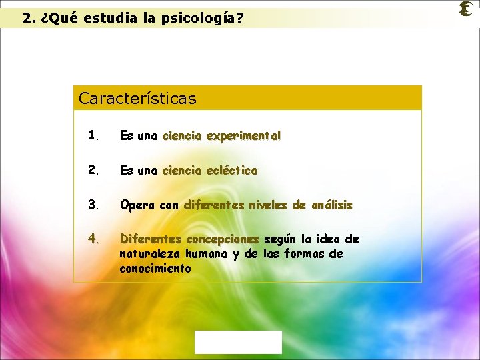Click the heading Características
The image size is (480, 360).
[137, 99]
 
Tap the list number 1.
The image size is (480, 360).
[93, 135]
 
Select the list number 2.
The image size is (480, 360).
[93, 170]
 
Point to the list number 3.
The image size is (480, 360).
[93, 205]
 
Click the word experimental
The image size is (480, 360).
[243, 135]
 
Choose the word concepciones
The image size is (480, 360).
[223, 239]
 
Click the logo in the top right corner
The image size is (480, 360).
[466, 9]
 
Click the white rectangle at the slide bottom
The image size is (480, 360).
[238, 342]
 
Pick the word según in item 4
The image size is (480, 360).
[281, 239]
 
